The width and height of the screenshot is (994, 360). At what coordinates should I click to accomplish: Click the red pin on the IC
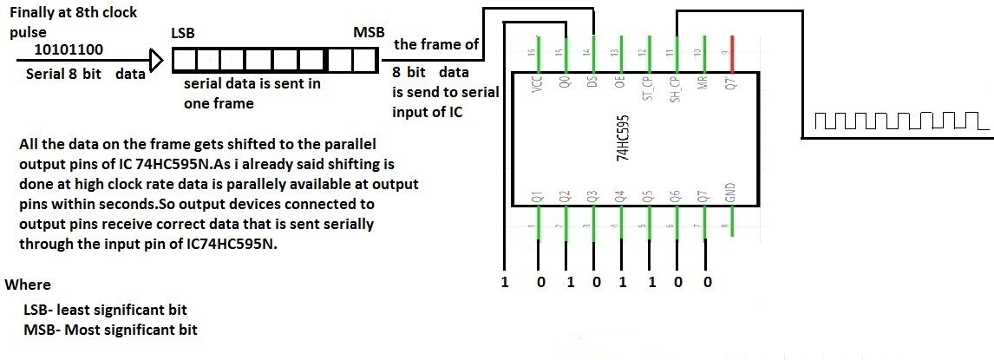[x=733, y=49]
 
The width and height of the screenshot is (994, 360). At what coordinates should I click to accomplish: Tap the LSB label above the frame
[x=183, y=32]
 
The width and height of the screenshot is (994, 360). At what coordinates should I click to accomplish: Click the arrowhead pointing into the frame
[x=156, y=61]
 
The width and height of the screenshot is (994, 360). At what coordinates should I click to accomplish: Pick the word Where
[x=28, y=285]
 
